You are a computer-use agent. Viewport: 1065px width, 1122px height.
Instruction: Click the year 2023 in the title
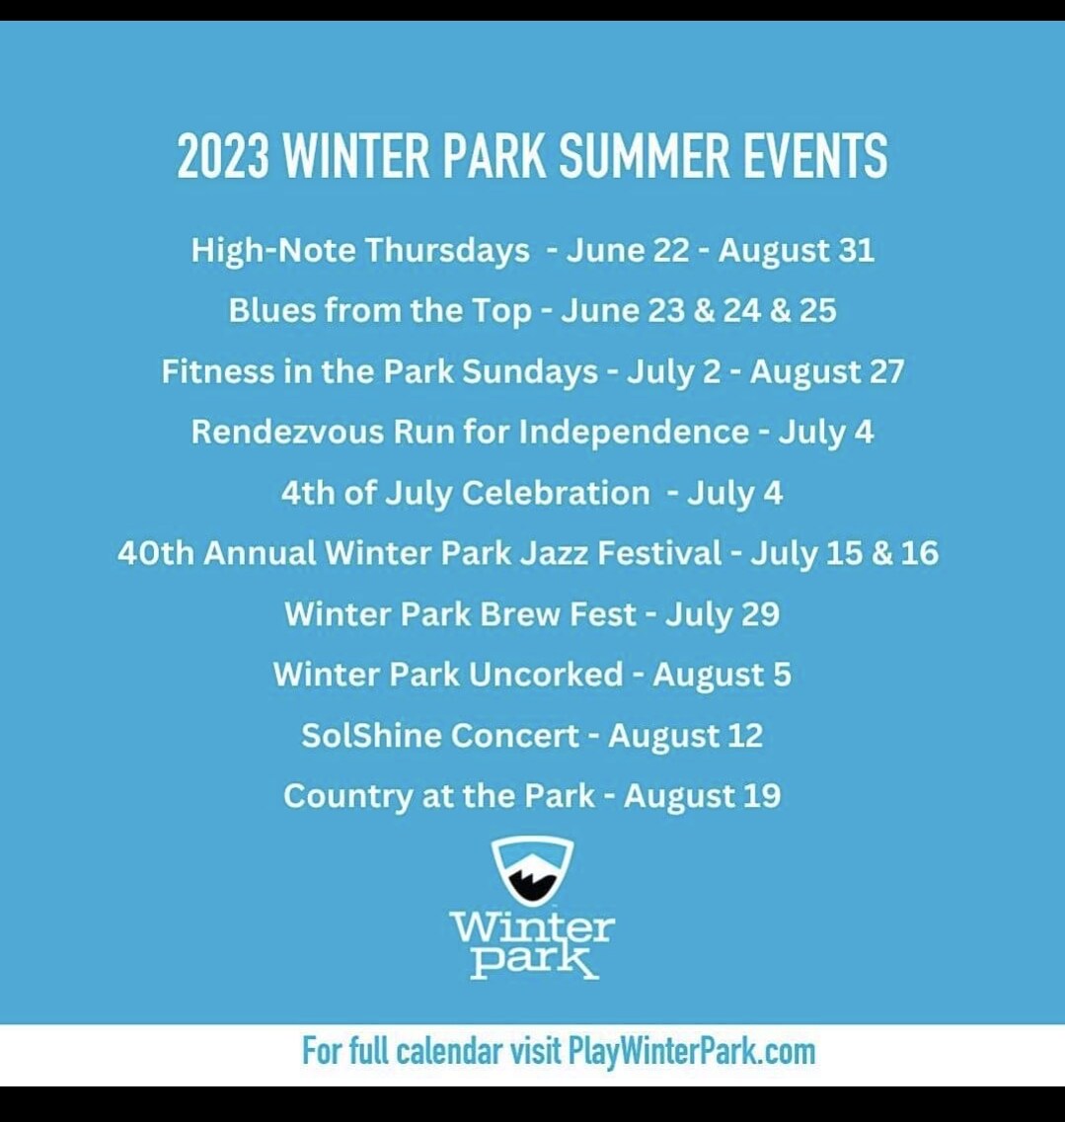point(222,155)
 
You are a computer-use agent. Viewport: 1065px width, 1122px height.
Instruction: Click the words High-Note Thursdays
point(360,251)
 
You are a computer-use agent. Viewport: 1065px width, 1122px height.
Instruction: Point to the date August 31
point(797,251)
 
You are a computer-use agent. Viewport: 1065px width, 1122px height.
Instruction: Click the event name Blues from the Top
point(381,310)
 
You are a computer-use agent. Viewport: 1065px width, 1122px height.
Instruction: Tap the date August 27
point(827,371)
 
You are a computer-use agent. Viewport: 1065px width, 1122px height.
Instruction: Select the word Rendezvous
point(287,432)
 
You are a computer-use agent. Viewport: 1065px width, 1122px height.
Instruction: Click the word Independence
point(634,432)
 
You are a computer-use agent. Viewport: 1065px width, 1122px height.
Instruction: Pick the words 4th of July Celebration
point(466,492)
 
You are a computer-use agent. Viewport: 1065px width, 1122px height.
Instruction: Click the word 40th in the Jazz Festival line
point(155,553)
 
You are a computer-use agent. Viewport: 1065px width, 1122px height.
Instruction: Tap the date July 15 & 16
point(844,553)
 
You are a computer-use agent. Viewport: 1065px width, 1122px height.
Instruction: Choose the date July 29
point(722,614)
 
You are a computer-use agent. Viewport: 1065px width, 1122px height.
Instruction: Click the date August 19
point(703,796)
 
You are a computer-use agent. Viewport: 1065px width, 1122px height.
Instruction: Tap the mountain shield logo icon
point(532,869)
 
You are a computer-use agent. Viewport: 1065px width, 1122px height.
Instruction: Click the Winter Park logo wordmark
point(532,944)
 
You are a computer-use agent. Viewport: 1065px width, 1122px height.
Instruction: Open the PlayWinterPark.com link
point(692,1052)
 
